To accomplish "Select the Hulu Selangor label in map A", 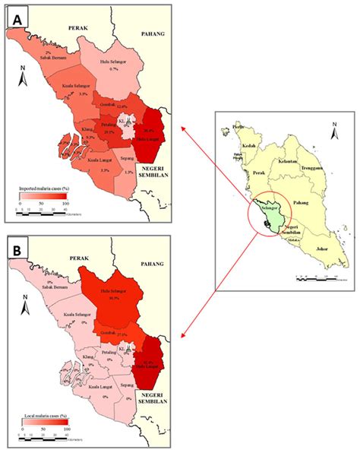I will [x=115, y=63].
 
